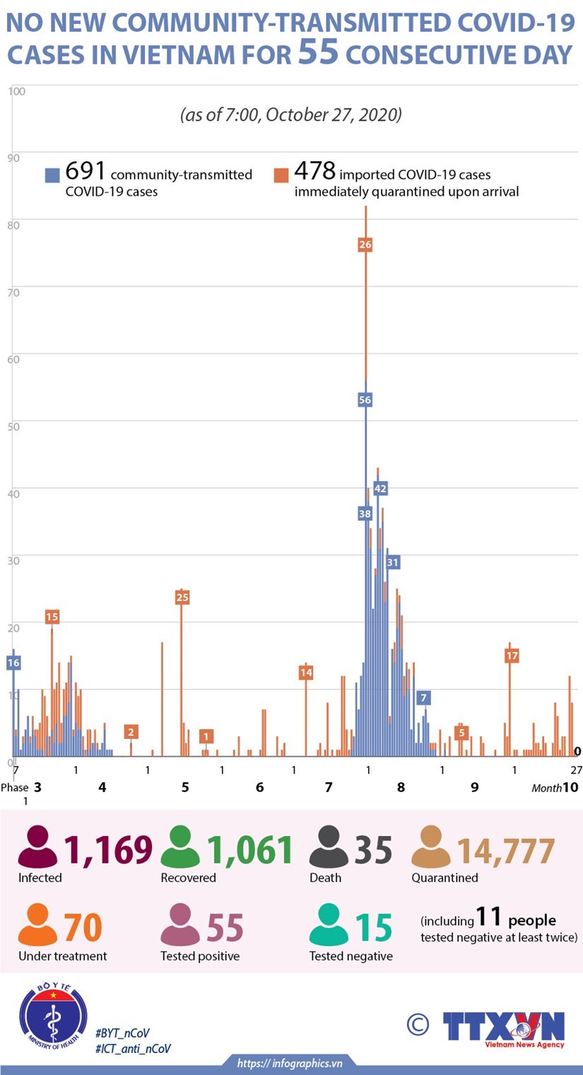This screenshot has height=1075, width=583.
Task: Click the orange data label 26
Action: point(365,245)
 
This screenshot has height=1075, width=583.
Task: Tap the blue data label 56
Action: point(365,400)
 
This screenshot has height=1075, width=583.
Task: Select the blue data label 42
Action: point(380,489)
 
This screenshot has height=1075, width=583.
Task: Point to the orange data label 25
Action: point(182,598)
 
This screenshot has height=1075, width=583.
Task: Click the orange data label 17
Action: point(512,656)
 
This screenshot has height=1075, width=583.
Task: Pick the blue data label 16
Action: point(13,663)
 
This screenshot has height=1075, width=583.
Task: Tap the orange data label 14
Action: point(306,673)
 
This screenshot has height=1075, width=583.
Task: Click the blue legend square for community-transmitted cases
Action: point(52,175)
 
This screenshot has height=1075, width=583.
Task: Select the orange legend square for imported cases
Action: point(281,175)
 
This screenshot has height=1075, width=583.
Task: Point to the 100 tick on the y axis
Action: point(17,91)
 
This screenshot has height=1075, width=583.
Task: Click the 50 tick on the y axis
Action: point(13,426)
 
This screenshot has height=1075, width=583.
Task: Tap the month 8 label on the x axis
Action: point(401,787)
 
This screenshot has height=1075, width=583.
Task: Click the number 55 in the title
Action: point(319,53)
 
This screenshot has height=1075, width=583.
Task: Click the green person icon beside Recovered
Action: point(180,847)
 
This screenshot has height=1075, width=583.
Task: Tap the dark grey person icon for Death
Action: point(329,847)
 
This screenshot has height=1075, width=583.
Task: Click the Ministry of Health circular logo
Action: point(53,1016)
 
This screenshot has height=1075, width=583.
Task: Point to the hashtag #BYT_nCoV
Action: point(122,1033)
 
